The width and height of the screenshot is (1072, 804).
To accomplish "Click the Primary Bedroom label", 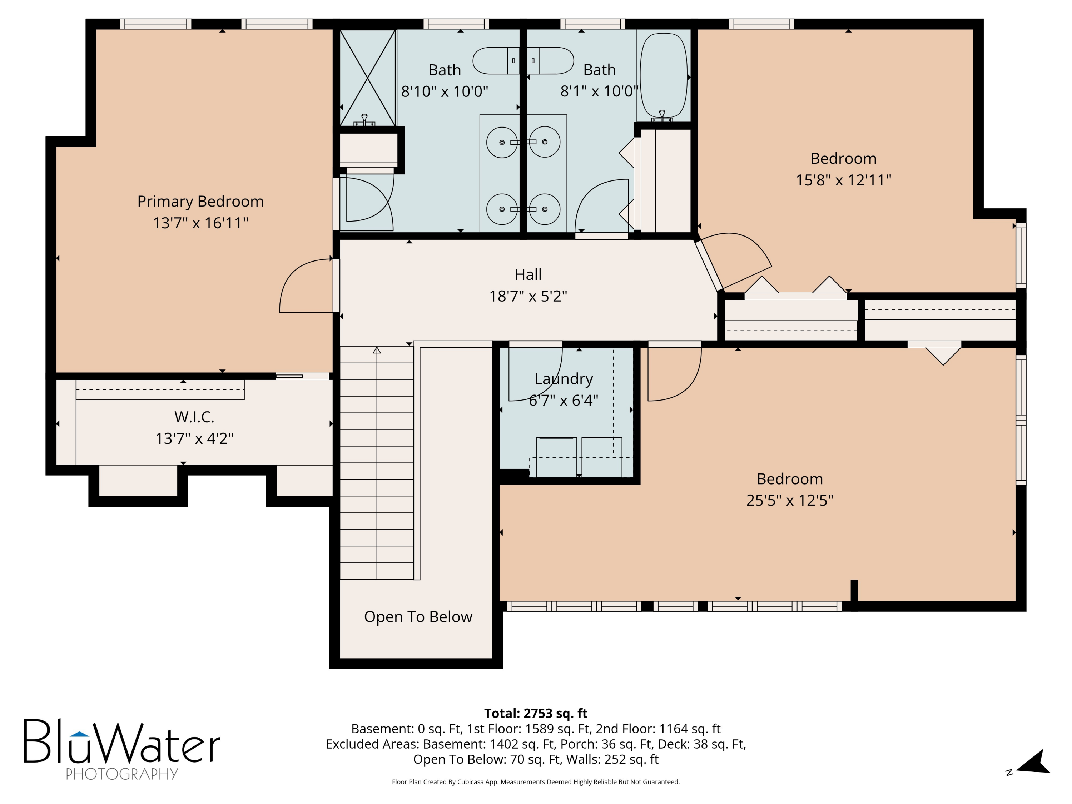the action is pos(200,201).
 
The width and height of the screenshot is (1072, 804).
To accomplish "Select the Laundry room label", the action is pos(564,379).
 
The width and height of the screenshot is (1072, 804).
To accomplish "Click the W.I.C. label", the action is pos(194,416).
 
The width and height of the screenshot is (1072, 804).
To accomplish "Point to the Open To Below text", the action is pos(418,616).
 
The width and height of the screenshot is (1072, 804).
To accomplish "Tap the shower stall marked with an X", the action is pos(368,78).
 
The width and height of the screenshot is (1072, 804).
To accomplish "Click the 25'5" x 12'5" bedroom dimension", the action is pos(789,500).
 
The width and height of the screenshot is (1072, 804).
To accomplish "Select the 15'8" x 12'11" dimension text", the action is pos(843,180).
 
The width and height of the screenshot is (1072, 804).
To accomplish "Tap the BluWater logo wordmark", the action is pos(122,741).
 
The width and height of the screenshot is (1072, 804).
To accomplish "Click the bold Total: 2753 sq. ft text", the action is pos(536,713).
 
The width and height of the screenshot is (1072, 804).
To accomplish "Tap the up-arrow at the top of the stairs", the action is pos(377,350).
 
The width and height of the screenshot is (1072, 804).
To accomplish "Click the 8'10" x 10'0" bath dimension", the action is pos(445,91).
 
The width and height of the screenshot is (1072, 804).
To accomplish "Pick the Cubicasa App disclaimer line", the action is pos(536,782).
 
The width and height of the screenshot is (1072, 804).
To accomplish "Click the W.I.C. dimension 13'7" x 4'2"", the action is pos(194,438).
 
